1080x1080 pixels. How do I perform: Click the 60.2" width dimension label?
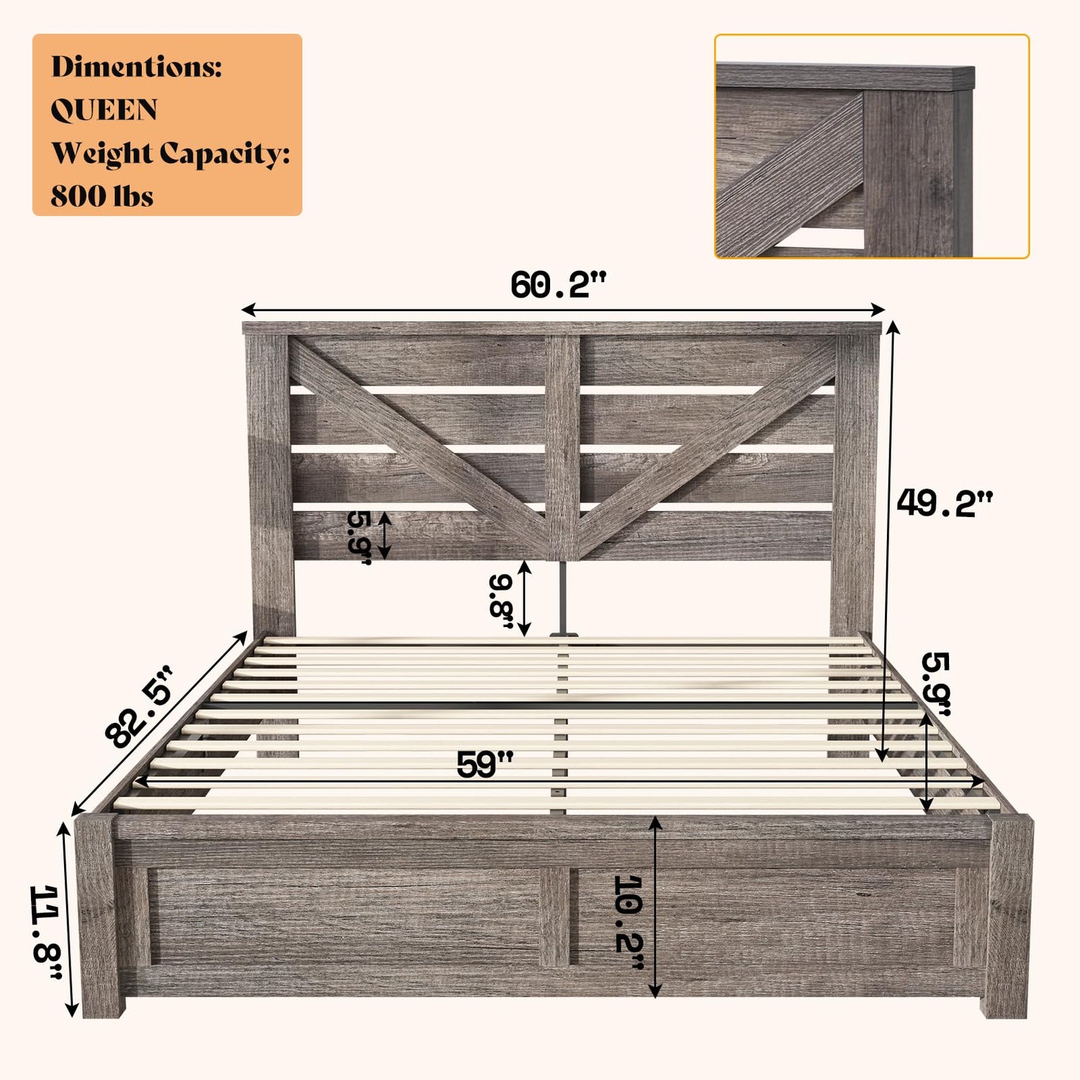[x=559, y=285]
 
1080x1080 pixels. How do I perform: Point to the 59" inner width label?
[x=485, y=764]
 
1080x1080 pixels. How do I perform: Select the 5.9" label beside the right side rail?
[x=936, y=684]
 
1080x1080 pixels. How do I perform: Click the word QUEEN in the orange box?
[x=104, y=110]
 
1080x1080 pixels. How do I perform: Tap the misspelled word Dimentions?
[x=137, y=67]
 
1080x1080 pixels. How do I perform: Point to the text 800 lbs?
[x=102, y=196]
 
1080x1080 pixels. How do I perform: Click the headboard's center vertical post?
[x=562, y=447]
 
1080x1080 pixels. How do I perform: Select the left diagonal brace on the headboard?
[x=418, y=446]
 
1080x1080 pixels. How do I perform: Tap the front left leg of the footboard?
[x=98, y=916]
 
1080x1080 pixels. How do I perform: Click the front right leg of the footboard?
[x=1008, y=916]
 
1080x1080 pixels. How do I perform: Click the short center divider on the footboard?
[x=554, y=916]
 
